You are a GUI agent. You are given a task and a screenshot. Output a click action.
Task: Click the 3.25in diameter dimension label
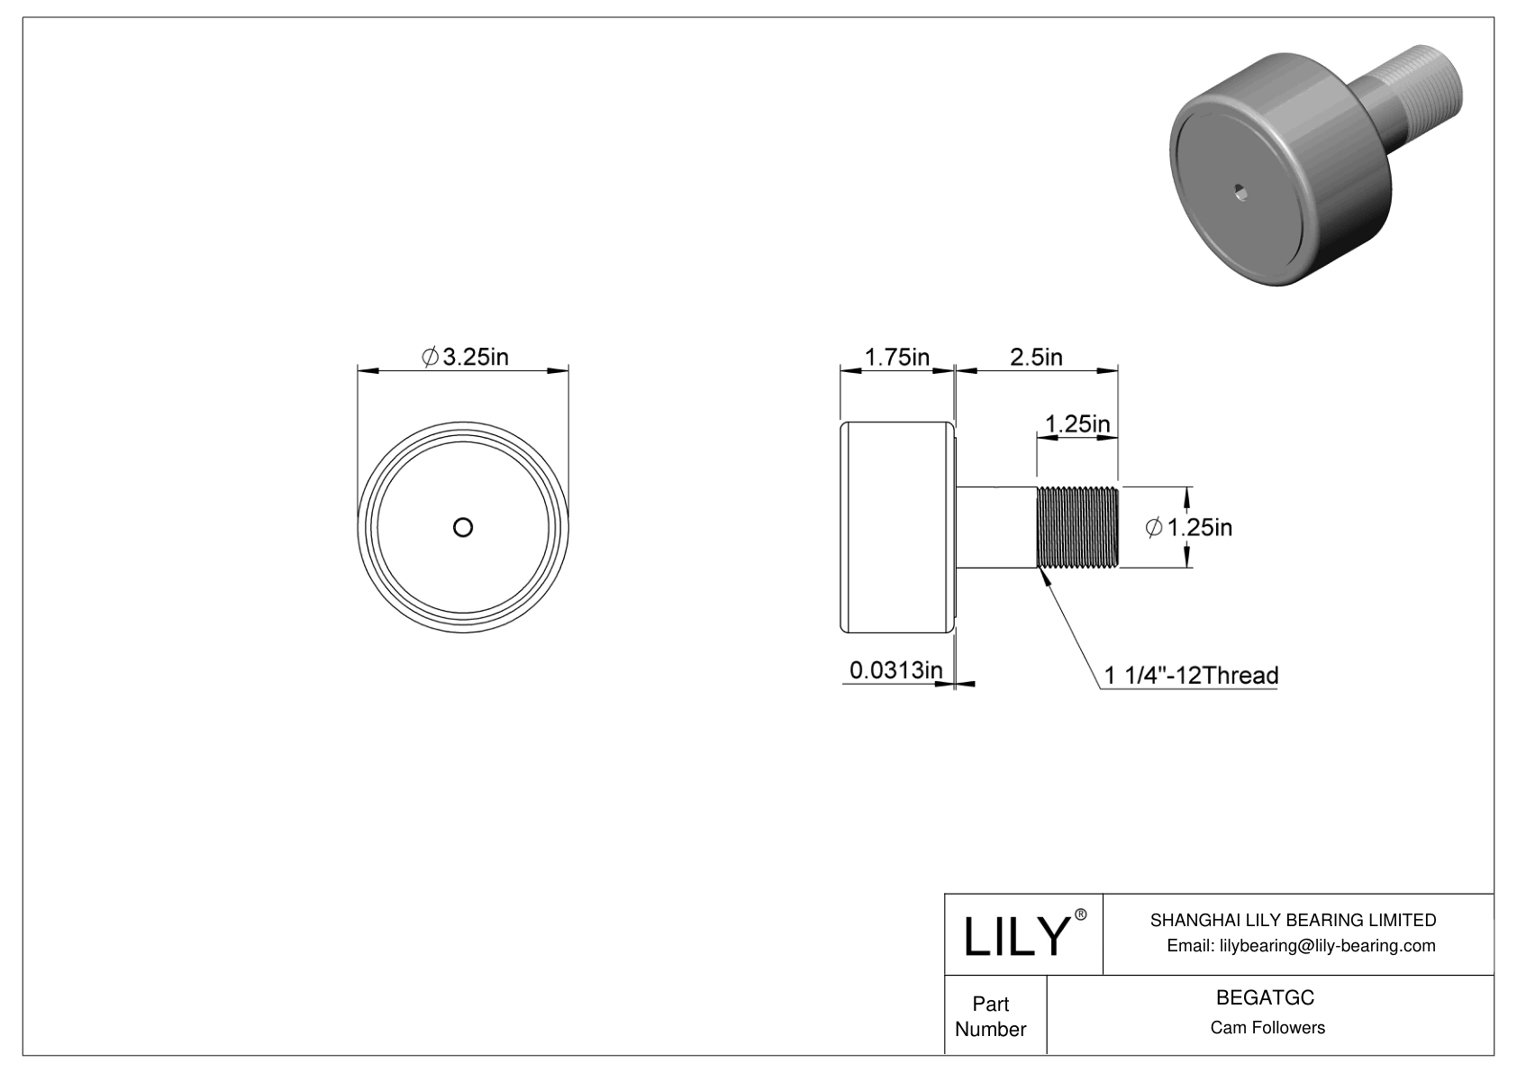click(x=465, y=358)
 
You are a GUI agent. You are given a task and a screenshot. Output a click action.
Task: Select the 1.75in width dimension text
click(x=896, y=358)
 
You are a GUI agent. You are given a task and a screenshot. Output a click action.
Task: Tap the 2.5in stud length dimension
click(x=1036, y=358)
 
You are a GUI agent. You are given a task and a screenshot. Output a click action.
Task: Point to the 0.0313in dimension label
click(x=896, y=670)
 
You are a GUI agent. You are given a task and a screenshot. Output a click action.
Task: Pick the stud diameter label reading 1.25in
click(x=1189, y=528)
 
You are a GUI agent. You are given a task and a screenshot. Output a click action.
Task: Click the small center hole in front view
click(x=463, y=528)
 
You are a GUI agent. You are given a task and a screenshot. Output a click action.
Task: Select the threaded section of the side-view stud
click(x=1078, y=528)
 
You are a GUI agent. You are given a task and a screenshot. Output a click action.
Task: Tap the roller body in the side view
click(x=896, y=528)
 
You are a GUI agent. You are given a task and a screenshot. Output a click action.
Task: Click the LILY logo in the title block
click(x=1015, y=937)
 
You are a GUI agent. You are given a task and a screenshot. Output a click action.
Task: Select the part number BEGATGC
click(x=1265, y=998)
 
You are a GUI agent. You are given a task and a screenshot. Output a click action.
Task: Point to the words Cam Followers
click(x=1267, y=1028)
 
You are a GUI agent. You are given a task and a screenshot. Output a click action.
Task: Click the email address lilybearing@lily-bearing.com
click(x=1301, y=946)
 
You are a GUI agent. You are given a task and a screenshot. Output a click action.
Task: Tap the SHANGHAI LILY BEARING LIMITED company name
click(x=1293, y=920)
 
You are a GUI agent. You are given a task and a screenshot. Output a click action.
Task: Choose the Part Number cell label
click(x=991, y=1016)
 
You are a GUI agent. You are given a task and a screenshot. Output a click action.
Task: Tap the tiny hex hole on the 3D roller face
click(x=1241, y=190)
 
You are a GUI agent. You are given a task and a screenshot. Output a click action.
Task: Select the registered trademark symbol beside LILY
click(x=1081, y=914)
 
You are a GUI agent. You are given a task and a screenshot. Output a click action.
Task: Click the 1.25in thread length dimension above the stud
click(x=1076, y=423)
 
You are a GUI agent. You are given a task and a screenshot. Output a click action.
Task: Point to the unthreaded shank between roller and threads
click(x=995, y=528)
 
